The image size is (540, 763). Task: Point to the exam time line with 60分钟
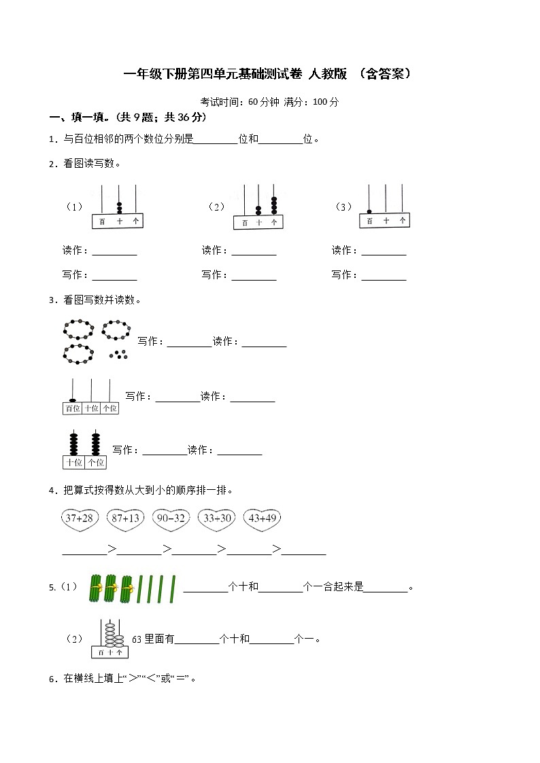point(269,102)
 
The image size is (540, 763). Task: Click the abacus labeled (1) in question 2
point(118,207)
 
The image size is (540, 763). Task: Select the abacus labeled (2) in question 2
point(258,207)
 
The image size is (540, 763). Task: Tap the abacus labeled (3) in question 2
point(384,207)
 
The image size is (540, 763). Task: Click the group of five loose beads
point(119,354)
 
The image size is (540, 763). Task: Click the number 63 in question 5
point(137,639)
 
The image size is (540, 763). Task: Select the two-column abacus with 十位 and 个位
point(85,449)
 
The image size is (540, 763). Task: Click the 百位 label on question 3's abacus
point(72,408)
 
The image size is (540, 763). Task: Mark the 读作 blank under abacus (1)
point(114,251)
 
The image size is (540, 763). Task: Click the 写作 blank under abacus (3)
point(384,276)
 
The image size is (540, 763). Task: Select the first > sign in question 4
point(112,550)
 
